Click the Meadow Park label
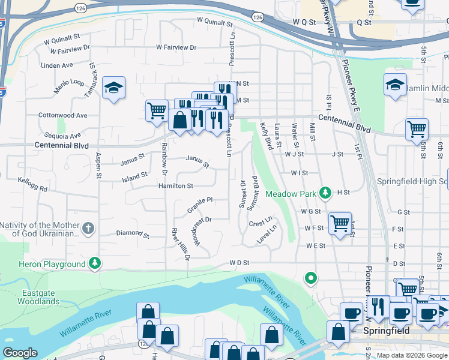click(291, 194)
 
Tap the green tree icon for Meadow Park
click(325, 193)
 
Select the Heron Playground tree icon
click(95, 263)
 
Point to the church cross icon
click(88, 228)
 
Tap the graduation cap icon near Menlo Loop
click(113, 88)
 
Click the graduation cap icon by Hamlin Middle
click(395, 85)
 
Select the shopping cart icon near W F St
click(340, 224)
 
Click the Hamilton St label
click(175, 187)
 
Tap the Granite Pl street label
click(200, 204)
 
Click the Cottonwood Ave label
click(62, 115)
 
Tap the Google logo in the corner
click(20, 353)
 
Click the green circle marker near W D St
click(310, 278)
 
